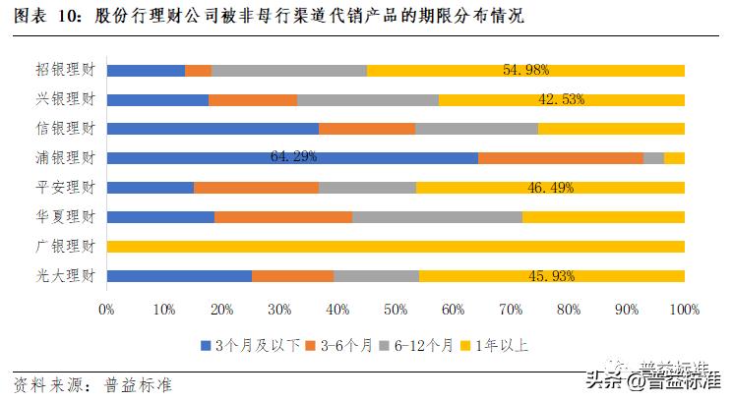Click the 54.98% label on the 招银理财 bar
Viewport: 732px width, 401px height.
point(525,71)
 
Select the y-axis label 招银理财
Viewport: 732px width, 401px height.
point(65,71)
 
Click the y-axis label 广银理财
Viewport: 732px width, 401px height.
point(65,247)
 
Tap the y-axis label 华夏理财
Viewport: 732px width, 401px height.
point(65,217)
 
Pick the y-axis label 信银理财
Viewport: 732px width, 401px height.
point(65,129)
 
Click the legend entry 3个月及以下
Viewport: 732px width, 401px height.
point(250,344)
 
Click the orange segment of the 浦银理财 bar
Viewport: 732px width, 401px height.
point(560,158)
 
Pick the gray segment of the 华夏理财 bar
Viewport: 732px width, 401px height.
point(437,217)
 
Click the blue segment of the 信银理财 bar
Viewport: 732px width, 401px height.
point(213,129)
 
